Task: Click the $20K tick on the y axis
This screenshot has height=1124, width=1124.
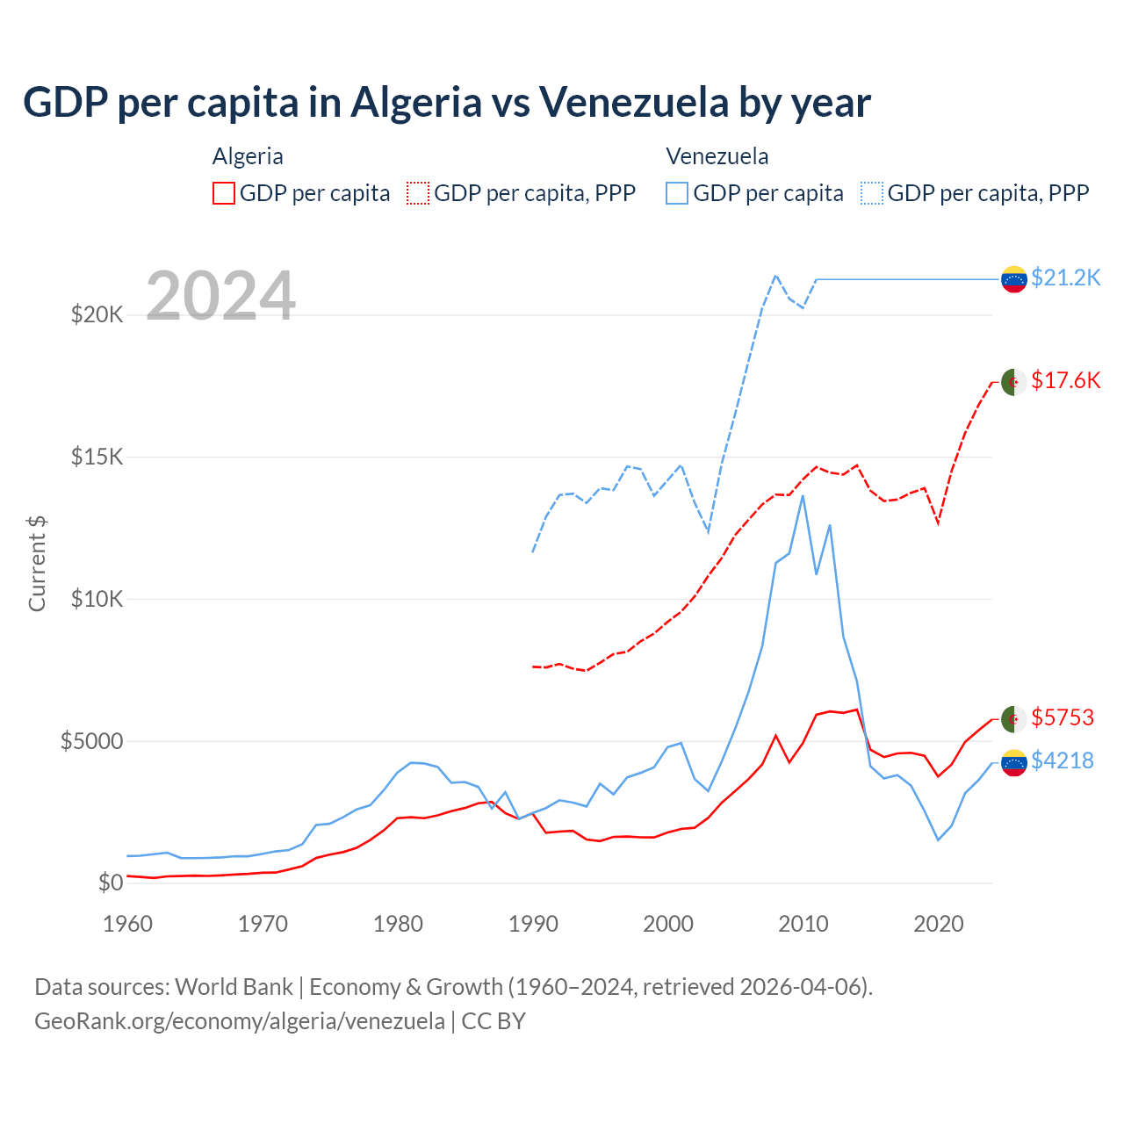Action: pyautogui.click(x=97, y=314)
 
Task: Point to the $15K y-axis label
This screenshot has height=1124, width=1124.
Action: pyautogui.click(x=97, y=457)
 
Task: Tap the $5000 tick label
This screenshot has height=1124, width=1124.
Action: pyautogui.click(x=91, y=741)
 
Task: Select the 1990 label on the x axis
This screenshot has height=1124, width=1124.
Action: pyautogui.click(x=533, y=924)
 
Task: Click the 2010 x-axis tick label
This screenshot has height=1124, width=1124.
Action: pyautogui.click(x=803, y=924)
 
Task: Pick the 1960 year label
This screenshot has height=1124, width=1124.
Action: pyautogui.click(x=128, y=924)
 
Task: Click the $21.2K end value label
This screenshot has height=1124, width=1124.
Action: pyautogui.click(x=1065, y=278)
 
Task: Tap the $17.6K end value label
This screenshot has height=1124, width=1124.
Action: pyautogui.click(x=1065, y=380)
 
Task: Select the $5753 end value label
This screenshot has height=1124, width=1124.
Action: pyautogui.click(x=1063, y=717)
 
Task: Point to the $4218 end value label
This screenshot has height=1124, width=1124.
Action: pyautogui.click(x=1063, y=760)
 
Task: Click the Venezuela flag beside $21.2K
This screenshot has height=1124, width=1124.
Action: pyautogui.click(x=1014, y=279)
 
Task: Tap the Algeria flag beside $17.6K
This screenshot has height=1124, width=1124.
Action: pyautogui.click(x=1014, y=382)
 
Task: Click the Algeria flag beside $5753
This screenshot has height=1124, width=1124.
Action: pyautogui.click(x=1014, y=718)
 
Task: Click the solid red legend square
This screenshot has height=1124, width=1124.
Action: pyautogui.click(x=224, y=193)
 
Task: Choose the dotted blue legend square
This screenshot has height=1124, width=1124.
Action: pyautogui.click(x=872, y=193)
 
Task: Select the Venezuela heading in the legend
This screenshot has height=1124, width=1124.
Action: pyautogui.click(x=717, y=156)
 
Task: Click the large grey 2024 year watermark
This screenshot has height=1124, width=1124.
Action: pyautogui.click(x=220, y=296)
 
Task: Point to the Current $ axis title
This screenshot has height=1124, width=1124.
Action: pyautogui.click(x=37, y=563)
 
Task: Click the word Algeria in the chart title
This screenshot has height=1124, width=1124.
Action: pyautogui.click(x=417, y=102)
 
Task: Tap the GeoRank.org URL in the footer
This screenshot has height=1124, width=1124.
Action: pyautogui.click(x=240, y=1021)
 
